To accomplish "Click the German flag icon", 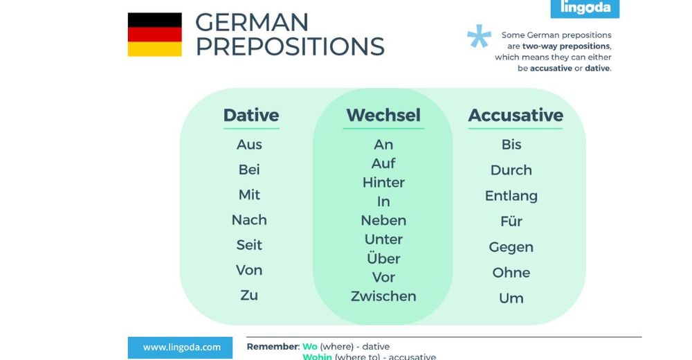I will [x=154, y=35].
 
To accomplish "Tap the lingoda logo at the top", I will [x=585, y=8].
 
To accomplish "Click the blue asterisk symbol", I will [x=479, y=37].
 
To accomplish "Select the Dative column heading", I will [x=251, y=116].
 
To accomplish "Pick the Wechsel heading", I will [x=383, y=116].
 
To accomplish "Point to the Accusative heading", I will [x=516, y=116].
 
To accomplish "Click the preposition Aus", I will [x=249, y=145].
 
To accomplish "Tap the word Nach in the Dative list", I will [x=249, y=220].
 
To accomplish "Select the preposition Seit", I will [x=249, y=245].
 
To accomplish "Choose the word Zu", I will [x=249, y=295].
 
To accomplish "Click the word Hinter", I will [x=383, y=183].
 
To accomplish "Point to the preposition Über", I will [x=383, y=258].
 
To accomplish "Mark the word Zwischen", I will [x=383, y=296].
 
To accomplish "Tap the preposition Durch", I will [x=511, y=170].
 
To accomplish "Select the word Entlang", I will [x=511, y=196].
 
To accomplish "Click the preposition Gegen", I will [x=511, y=247].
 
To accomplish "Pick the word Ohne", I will [x=511, y=273].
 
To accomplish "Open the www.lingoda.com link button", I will [x=182, y=348].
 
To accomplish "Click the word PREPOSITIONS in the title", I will [x=289, y=46].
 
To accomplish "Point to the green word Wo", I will [x=309, y=347].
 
